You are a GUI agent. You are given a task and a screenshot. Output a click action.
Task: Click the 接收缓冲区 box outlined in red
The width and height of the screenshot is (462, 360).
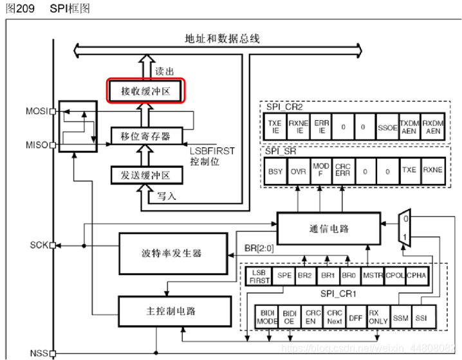[x=146, y=91]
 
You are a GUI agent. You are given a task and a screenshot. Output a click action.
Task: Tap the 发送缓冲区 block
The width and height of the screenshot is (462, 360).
[x=145, y=175]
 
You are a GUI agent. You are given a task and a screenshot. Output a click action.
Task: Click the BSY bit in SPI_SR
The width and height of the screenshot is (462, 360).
[x=275, y=172]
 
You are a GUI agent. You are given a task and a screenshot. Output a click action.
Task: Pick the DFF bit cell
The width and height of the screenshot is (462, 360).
[x=355, y=317]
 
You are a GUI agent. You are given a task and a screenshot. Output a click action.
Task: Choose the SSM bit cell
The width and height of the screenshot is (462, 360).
[x=400, y=317]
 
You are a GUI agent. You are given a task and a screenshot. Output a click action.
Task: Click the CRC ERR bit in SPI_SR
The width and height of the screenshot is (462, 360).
[x=343, y=172]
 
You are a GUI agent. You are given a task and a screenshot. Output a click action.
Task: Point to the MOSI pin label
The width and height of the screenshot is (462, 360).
[x=37, y=111]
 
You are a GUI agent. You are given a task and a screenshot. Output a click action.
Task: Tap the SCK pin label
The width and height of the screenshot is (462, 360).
[x=39, y=246]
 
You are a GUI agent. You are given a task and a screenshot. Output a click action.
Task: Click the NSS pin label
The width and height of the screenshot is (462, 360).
[x=39, y=353]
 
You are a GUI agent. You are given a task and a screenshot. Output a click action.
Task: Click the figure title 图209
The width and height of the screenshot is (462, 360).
[x=17, y=8]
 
